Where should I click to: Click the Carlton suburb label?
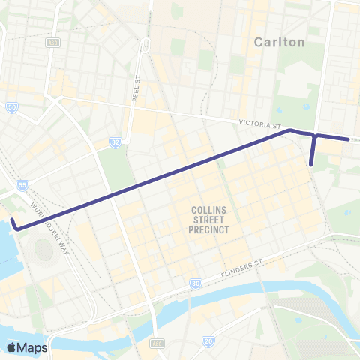pyautogui.click(x=280, y=42)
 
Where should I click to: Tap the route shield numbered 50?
pyautogui.click(x=12, y=108)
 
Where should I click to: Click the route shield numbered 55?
pyautogui.click(x=22, y=184)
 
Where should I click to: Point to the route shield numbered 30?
pyautogui.click(x=195, y=283)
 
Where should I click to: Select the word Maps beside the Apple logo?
pyautogui.click(x=33, y=347)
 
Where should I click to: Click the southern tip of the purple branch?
pyautogui.click(x=311, y=160)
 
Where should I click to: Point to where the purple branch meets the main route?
pyautogui.click(x=315, y=136)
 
